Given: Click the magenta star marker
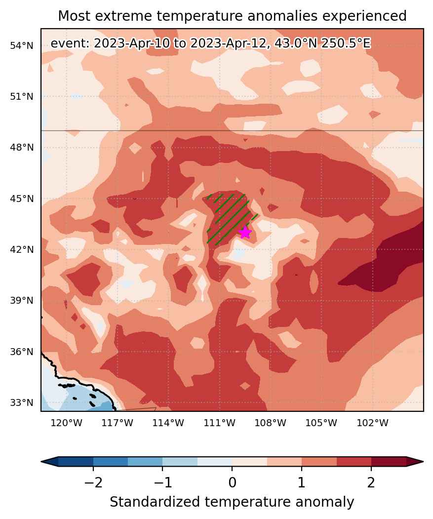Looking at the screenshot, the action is click(x=244, y=233).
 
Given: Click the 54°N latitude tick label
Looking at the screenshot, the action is click(x=22, y=45).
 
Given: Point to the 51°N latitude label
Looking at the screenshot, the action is click(x=22, y=97).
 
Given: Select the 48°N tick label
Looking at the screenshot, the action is click(x=22, y=148).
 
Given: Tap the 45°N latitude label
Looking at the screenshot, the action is click(x=22, y=199).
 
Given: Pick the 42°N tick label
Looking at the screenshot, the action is click(x=22, y=250).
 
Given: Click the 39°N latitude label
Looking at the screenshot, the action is click(x=22, y=301).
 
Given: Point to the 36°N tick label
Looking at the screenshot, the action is click(x=22, y=352).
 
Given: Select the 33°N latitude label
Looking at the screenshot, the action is click(x=22, y=403).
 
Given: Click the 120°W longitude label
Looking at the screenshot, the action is click(x=67, y=423).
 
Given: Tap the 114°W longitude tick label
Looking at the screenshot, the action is click(x=168, y=423).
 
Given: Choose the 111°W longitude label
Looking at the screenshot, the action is click(x=220, y=423).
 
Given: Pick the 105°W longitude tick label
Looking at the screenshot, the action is click(x=321, y=423).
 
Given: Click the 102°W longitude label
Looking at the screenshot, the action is click(x=372, y=423).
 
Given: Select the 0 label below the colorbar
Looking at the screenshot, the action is click(x=232, y=483).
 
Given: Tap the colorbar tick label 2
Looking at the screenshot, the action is click(x=371, y=483).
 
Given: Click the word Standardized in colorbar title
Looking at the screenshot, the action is click(x=156, y=502).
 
